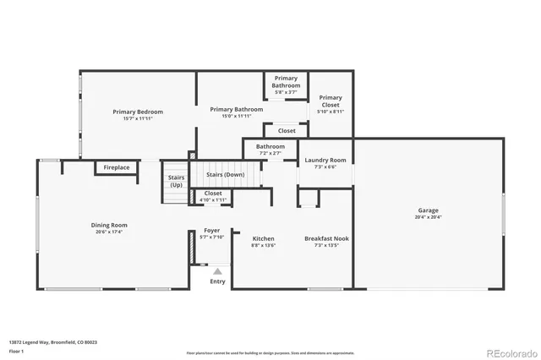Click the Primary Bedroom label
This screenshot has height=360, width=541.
tap(138, 112)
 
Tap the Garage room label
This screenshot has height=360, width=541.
tap(428, 210)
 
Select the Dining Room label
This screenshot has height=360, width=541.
tap(109, 225)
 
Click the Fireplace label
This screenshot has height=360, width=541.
tap(117, 167)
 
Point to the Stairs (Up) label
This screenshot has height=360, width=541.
tap(176, 181)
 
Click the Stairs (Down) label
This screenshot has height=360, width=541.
tap(227, 174)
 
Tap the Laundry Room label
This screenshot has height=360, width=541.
tap(325, 160)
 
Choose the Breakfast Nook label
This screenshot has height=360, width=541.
tap(326, 238)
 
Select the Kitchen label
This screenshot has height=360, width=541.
tap(263, 238)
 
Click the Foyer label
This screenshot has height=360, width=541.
tap(212, 230)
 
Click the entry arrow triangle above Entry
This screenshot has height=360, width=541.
tap(217, 271)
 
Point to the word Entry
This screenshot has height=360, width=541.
tap(217, 281)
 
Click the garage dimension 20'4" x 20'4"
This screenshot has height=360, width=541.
tap(428, 217)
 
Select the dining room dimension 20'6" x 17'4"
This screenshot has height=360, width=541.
tap(109, 232)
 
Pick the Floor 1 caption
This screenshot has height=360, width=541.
tap(16, 350)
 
